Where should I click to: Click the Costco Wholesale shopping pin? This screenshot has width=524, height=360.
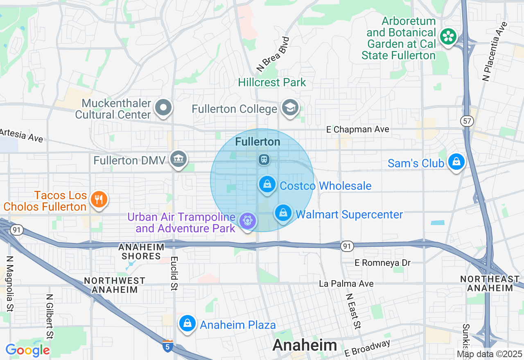coord(267,184)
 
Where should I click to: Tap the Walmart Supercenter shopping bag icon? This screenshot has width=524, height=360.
coord(283,213)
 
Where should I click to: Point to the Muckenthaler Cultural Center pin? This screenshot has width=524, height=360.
coord(163,108)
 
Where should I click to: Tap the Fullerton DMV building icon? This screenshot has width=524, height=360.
coord(178,159)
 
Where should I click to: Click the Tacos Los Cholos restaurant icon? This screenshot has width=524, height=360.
coord(98,199)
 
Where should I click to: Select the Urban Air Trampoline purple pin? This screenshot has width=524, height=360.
coord(247,220)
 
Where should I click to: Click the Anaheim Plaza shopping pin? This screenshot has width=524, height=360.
coord(187,323)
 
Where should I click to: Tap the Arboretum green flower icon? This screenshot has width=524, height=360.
coord(448,37)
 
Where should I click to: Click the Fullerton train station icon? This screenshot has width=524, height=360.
coord(264,159)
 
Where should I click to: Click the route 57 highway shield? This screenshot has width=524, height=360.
coord(466,121)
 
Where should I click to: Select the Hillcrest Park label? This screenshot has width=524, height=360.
coord(272,82)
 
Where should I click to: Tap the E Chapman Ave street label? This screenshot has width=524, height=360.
coord(357,129)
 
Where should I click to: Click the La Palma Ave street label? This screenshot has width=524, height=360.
coord(346,283)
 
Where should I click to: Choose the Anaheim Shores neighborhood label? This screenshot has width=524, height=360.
coord(141,252)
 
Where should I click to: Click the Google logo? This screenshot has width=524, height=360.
coord(27,350)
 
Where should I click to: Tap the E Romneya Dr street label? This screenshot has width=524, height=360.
coord(382,263)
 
